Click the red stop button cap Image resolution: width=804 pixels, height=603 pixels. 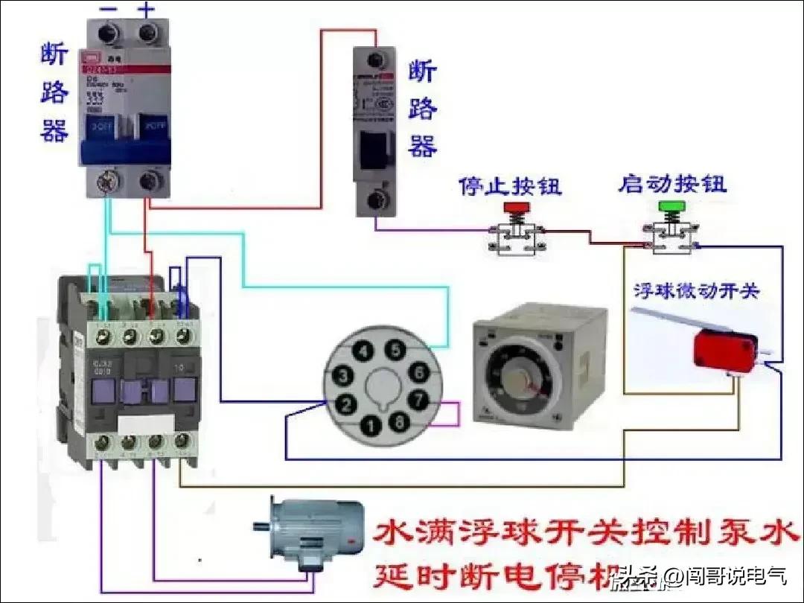click(x=514, y=205)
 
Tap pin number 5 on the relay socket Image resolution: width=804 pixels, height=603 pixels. click(x=397, y=349)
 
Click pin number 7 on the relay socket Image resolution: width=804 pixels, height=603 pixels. click(x=420, y=400)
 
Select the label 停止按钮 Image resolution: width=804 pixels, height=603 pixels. click(x=510, y=185)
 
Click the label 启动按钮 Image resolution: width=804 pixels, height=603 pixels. click(x=672, y=183)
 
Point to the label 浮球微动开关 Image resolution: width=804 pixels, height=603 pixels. click(x=696, y=290)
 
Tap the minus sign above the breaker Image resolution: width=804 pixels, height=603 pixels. click(x=109, y=9)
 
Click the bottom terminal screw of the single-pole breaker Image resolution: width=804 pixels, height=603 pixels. click(x=374, y=200)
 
